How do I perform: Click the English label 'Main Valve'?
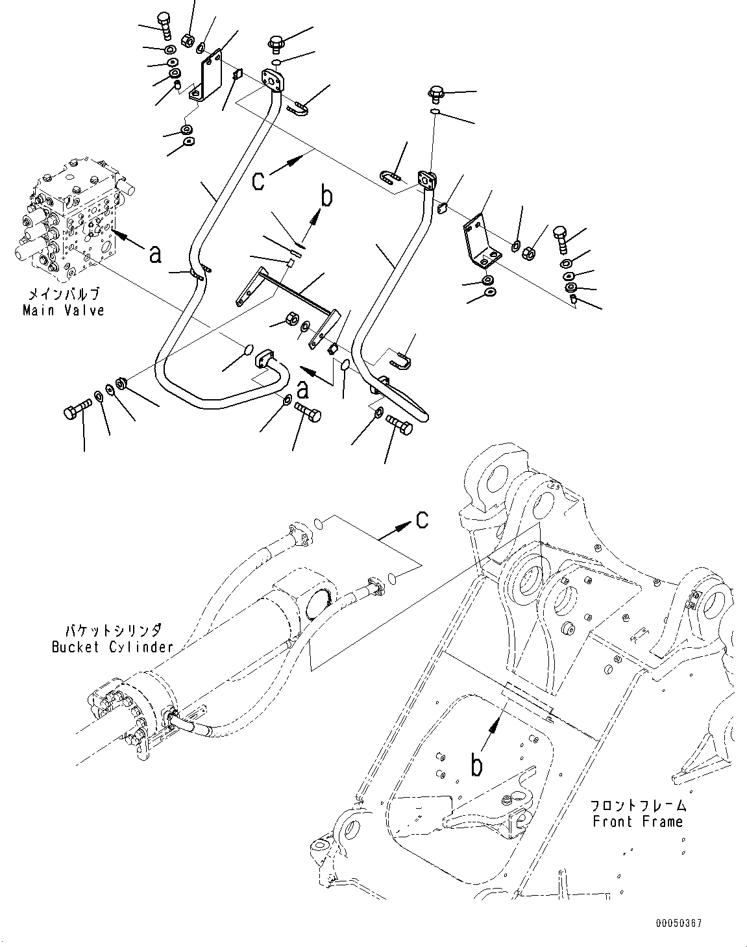click(x=63, y=310)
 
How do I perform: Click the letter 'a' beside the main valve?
click(x=155, y=255)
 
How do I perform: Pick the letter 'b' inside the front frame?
click(x=477, y=766)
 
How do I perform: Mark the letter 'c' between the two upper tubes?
click(x=258, y=180)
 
